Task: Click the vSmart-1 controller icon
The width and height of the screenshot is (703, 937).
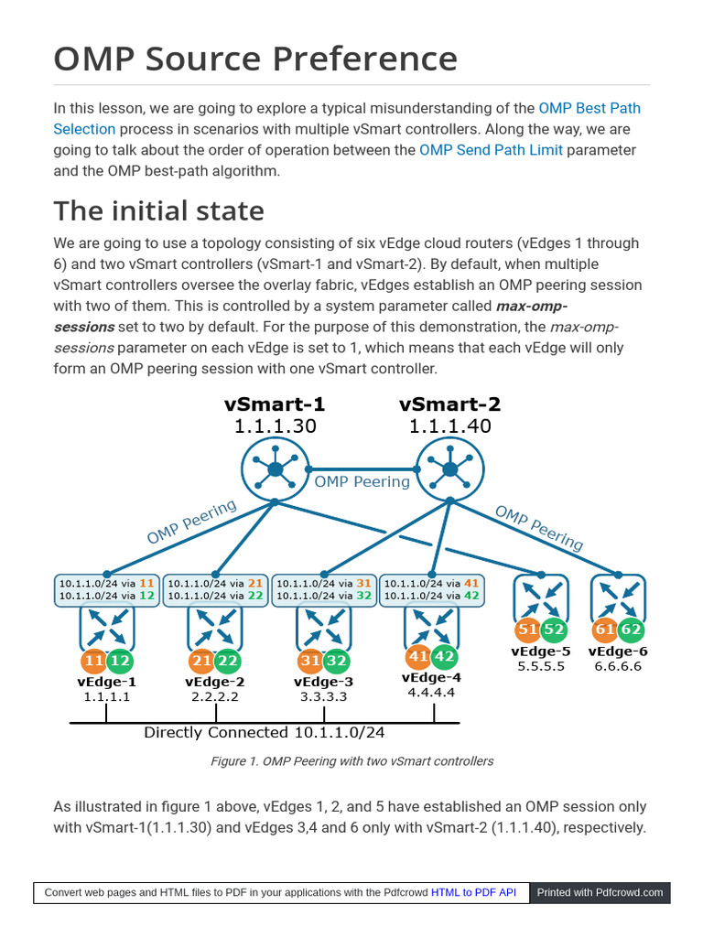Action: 275,468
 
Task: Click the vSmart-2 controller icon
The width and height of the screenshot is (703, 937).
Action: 449,468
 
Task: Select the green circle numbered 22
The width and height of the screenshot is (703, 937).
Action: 229,661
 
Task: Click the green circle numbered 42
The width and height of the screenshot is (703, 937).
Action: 444,656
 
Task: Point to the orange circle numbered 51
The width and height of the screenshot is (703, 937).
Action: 528,630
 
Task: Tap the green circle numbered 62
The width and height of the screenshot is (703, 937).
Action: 631,630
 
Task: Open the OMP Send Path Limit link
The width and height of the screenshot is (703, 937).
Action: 491,150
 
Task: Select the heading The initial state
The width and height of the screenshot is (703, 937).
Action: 158,210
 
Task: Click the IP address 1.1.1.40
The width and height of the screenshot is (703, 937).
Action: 449,425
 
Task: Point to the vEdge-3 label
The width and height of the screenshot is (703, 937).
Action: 323,682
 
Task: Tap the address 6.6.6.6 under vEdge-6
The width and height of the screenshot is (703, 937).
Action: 617,666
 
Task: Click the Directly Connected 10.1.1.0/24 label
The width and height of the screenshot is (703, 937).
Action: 264,732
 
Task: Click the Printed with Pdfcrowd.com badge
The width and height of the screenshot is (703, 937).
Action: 600,892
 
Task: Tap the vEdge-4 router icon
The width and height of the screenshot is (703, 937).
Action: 431,628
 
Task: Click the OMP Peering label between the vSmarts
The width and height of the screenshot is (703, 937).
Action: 362,481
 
